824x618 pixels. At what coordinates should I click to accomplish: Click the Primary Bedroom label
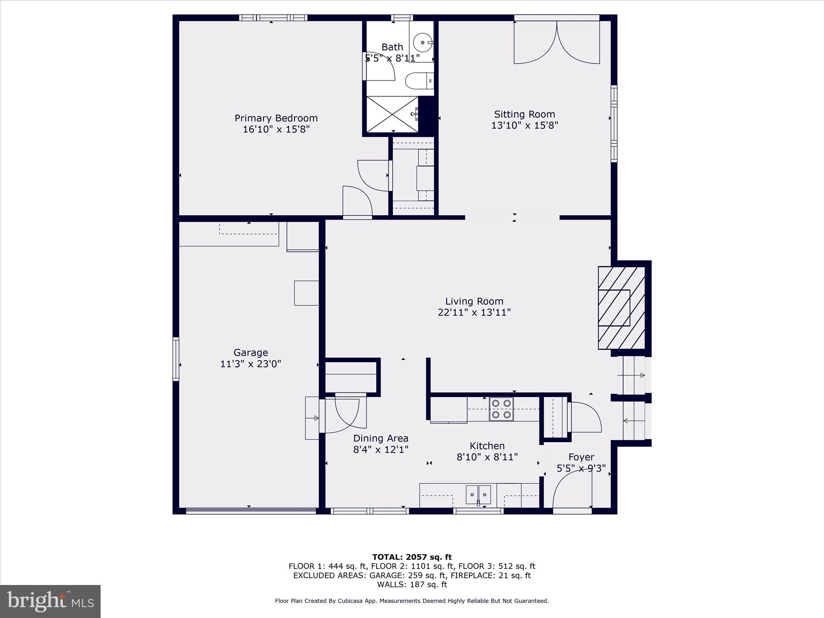coord(276,118)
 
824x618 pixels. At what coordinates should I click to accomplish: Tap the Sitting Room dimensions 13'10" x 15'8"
coord(524,126)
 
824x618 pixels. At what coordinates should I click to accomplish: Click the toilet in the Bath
coord(418,81)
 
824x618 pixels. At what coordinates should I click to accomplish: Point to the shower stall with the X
coord(392,114)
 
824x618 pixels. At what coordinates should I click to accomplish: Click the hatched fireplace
coord(621,308)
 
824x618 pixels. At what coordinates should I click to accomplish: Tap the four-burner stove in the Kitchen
coord(501,409)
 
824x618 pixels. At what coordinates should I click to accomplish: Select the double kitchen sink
coord(478,494)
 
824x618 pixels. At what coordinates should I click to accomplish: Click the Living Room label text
coord(474,301)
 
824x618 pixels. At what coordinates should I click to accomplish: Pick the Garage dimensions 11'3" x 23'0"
coord(250,364)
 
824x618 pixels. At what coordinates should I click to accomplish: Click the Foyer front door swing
coord(572,489)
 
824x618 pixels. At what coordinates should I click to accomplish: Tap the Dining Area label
coord(381,438)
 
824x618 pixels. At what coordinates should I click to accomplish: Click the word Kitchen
coord(487,446)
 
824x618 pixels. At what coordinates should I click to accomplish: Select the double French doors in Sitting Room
coord(557,42)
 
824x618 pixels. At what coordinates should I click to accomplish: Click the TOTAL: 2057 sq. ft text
coord(412,557)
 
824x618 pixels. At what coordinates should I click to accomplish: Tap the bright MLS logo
coord(50,602)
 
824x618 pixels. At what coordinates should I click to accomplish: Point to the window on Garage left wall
coord(176,359)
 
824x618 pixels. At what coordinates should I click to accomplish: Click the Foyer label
coord(581,457)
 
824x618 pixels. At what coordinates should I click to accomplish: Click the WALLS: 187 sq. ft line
coord(412,585)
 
